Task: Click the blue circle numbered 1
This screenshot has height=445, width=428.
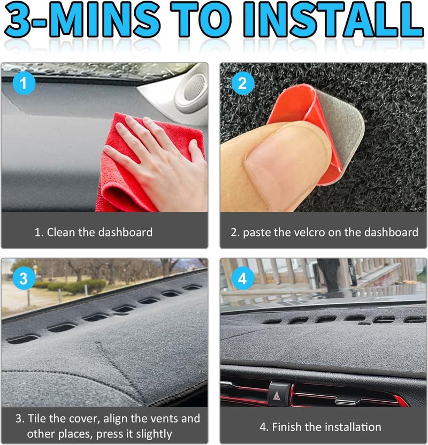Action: click(x=24, y=83)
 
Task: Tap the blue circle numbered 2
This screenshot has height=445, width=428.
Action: click(x=243, y=83)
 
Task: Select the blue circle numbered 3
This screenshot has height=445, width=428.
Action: click(x=24, y=278)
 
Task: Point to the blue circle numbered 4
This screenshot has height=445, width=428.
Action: click(x=243, y=278)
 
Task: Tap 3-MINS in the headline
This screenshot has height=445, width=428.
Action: click(x=82, y=20)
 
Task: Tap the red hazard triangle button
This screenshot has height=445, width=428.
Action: click(x=277, y=395)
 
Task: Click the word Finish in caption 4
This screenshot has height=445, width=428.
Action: click(x=287, y=427)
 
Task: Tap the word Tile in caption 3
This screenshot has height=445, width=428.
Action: click(x=37, y=419)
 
